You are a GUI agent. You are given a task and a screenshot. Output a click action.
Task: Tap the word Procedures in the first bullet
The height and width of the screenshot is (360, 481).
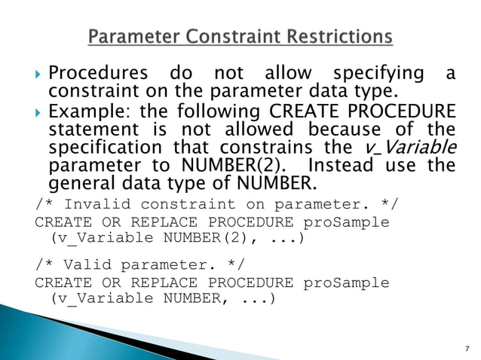(x=98, y=75)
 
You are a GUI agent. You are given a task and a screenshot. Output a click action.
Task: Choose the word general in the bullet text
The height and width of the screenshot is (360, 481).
(x=81, y=184)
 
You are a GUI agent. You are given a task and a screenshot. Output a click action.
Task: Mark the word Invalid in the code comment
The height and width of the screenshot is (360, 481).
(x=97, y=205)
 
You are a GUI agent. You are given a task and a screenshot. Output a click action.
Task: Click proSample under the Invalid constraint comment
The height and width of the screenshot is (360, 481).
(x=346, y=222)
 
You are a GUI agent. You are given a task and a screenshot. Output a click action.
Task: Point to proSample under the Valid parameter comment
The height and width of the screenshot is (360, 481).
(x=346, y=282)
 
